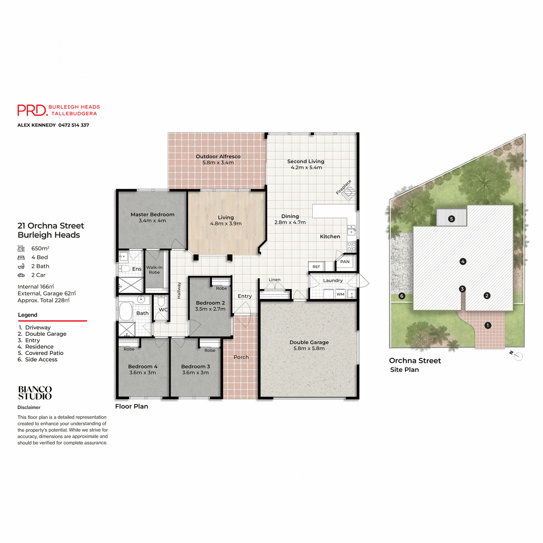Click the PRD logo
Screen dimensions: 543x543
pos(32,110)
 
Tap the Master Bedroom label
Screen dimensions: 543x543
pos(152,214)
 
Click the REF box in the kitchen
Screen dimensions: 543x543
pos(316,267)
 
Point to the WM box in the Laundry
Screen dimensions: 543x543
pos(340,294)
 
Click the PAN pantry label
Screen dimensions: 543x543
pos(345,262)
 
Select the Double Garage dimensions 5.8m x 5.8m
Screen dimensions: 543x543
pos(309,348)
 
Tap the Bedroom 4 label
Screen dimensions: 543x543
pos(143,367)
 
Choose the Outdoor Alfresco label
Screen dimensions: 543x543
pos(218,157)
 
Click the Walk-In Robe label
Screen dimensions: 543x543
pos(154,270)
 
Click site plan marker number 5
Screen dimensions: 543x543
pos(451,219)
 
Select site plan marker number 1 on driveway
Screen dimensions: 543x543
pos(488,325)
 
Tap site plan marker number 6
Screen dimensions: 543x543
pos(402,296)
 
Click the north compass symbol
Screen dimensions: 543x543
pos(518,357)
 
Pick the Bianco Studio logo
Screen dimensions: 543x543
pos(35,393)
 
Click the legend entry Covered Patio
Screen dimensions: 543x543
pos(44,353)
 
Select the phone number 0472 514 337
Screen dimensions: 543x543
pos(74,125)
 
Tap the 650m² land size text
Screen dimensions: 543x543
pos(40,248)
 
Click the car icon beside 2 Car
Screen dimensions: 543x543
pos(21,275)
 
